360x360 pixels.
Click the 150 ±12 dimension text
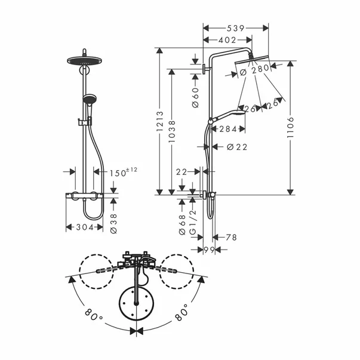(x=123, y=173)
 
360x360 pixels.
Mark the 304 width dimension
(x=83, y=227)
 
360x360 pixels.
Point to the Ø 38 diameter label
(x=114, y=223)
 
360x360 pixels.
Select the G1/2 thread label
(x=193, y=223)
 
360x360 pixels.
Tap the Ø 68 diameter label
(x=182, y=223)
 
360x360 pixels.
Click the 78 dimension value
(x=230, y=238)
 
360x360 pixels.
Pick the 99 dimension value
(x=209, y=249)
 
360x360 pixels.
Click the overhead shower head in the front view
(x=84, y=61)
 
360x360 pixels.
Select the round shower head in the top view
(x=137, y=304)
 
